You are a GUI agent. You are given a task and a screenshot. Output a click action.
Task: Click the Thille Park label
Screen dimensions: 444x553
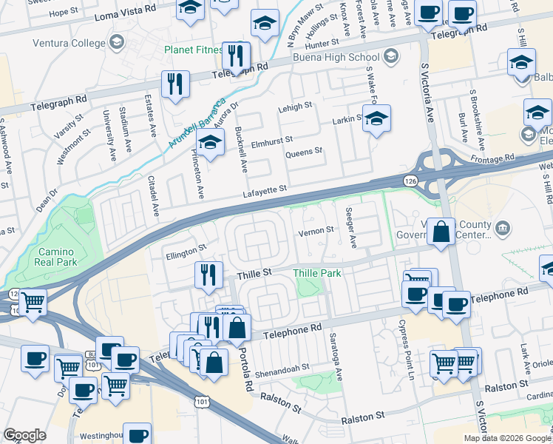[317, 273]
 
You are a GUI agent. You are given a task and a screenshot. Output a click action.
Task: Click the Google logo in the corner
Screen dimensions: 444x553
[24, 435]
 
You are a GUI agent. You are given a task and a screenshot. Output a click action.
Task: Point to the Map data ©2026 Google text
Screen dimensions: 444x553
[506, 438]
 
